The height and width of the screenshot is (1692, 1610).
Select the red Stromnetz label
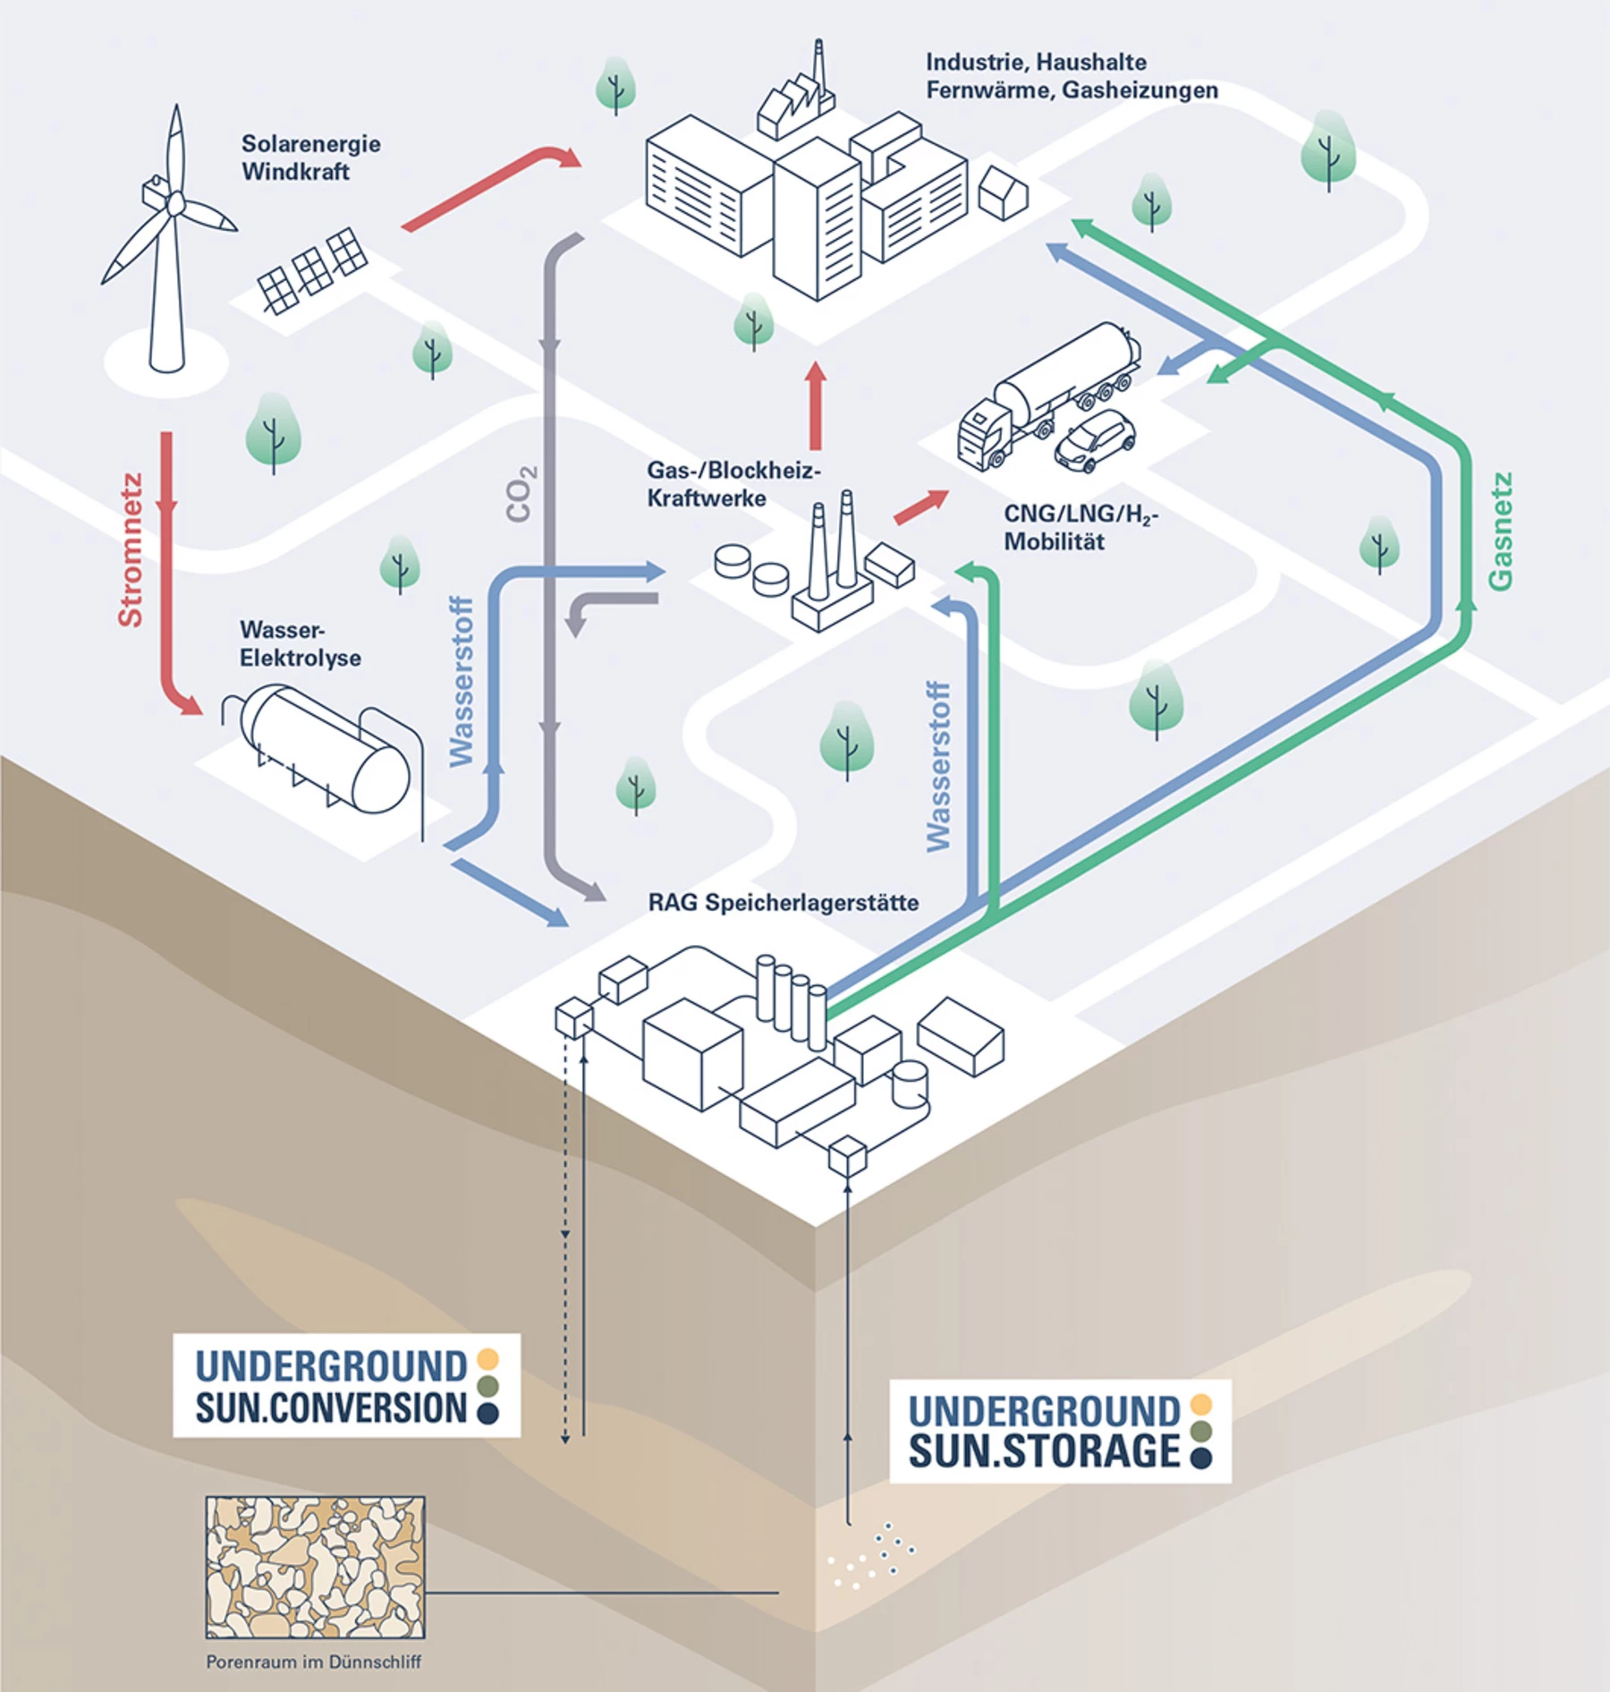(131, 549)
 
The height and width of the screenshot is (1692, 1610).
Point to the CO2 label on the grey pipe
(521, 493)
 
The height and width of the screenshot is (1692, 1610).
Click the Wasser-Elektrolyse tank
(322, 752)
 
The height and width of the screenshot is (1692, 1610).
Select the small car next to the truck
(1095, 440)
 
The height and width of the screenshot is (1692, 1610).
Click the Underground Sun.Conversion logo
(346, 1385)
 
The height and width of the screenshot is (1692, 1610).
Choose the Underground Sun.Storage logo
(1060, 1431)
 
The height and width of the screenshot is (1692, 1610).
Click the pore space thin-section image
(315, 1567)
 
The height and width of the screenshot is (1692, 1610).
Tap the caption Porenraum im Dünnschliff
(313, 1662)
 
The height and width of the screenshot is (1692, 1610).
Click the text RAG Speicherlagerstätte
(784, 902)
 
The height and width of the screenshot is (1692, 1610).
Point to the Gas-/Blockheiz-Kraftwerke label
(733, 484)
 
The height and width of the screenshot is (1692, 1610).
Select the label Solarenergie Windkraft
(310, 157)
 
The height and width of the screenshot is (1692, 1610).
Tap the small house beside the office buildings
(1003, 192)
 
